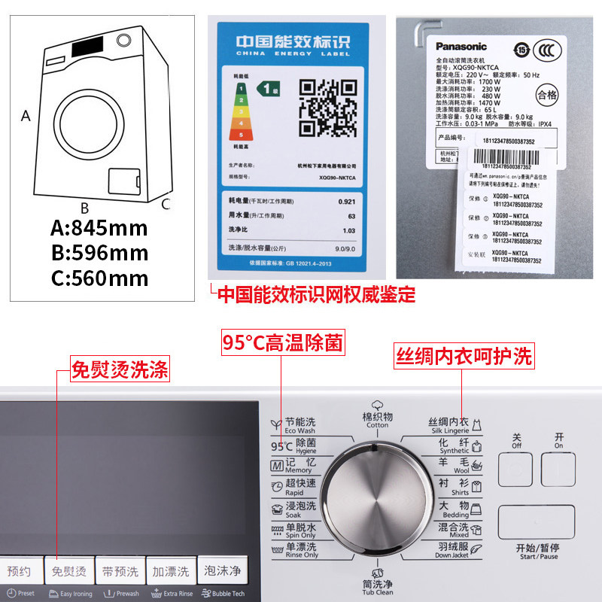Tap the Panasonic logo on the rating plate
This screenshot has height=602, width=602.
pos(461,46)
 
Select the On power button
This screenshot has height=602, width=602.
pos(558,468)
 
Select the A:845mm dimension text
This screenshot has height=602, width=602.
pos(99,227)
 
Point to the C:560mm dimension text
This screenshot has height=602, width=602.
pos(99,278)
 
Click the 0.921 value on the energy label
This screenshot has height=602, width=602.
pos(347,202)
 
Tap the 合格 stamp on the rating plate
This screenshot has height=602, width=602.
pos(547,95)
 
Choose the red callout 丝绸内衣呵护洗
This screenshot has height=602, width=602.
pos(464,357)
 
